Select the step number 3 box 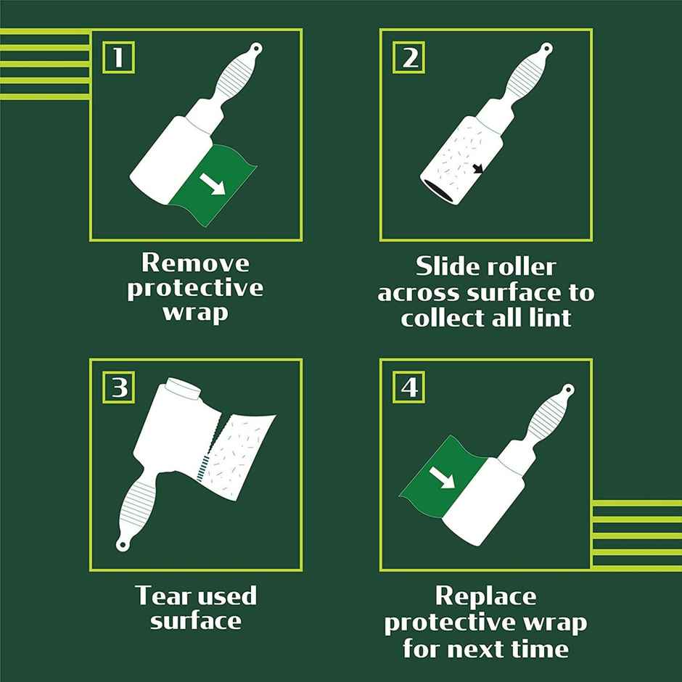pos(118,388)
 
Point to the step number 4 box pos(409,388)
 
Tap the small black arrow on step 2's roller pos(477,170)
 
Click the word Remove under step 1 pos(195,262)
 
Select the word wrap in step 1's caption pos(195,313)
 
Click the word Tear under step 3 pos(164,596)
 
